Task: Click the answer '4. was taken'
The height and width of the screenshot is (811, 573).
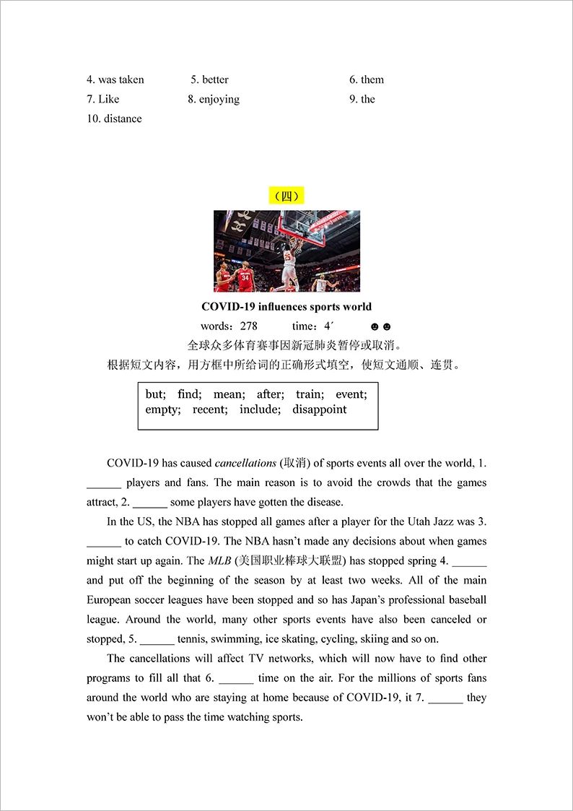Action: point(115,79)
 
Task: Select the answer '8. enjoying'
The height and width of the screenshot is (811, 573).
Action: point(214,99)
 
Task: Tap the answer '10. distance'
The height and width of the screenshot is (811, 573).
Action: point(114,118)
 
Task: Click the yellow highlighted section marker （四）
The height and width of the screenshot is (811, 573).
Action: point(286,196)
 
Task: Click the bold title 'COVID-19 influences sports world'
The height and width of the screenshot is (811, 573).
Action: point(286,307)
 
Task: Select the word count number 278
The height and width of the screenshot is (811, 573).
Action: point(248,326)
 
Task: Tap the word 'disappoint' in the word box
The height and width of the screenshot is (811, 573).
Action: point(319,409)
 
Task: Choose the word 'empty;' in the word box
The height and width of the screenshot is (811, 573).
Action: point(162,409)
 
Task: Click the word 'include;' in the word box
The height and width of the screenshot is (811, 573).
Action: point(260,409)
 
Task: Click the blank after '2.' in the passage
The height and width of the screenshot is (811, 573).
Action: point(150,503)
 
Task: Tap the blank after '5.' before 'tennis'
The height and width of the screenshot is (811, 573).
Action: point(157,639)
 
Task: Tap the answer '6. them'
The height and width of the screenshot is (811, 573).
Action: point(367,79)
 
